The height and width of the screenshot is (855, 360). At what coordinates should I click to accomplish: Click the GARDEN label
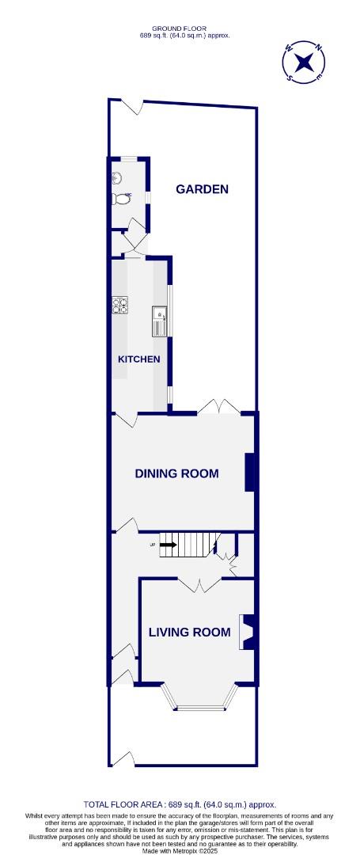pyautogui.click(x=203, y=189)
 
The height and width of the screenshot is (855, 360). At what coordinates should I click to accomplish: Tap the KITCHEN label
pyautogui.click(x=139, y=359)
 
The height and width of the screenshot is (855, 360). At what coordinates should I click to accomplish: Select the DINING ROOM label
pyautogui.click(x=176, y=474)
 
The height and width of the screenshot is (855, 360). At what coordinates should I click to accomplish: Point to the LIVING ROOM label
pyautogui.click(x=190, y=633)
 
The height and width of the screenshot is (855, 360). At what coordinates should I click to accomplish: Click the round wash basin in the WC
pyautogui.click(x=116, y=178)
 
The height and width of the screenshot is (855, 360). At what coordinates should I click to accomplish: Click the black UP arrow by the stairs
pyautogui.click(x=167, y=545)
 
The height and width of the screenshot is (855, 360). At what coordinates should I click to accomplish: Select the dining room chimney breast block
pyautogui.click(x=250, y=472)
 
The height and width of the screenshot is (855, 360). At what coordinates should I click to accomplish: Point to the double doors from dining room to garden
pyautogui.click(x=218, y=407)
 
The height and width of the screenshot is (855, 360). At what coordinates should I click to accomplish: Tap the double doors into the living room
pyautogui.click(x=198, y=586)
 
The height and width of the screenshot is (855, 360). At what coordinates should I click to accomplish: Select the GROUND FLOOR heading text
pyautogui.click(x=179, y=28)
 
